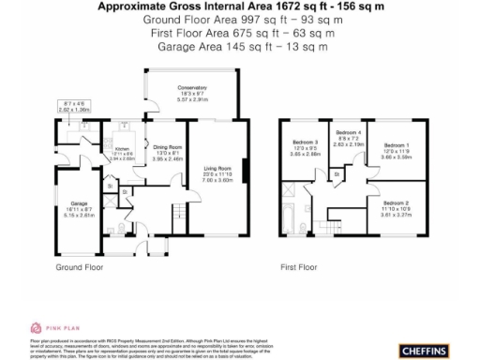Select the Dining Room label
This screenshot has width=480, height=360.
click(x=167, y=148)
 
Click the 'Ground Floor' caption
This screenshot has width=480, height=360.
click(x=80, y=267)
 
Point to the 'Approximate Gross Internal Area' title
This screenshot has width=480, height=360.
click(x=241, y=7)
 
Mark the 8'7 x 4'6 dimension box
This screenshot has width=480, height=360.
click(x=74, y=106)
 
